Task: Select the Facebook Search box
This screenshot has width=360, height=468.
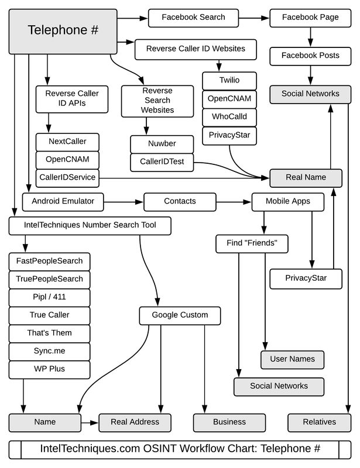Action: coord(193,18)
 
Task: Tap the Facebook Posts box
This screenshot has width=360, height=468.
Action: coord(310,56)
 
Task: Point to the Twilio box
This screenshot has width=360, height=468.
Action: coord(229,80)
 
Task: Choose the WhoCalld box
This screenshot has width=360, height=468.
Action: coord(229,116)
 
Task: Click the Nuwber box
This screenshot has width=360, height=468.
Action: coord(162,143)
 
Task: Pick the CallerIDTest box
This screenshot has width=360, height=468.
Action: coord(162,162)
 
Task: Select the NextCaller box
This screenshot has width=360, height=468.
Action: coord(68,142)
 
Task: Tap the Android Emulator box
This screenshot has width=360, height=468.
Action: coord(62,201)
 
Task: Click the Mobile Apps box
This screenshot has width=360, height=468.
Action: coord(287,201)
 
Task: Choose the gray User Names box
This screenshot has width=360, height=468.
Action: coord(292,359)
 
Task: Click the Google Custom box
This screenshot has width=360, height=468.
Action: coord(180,315)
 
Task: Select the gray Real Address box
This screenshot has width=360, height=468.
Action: coord(136,422)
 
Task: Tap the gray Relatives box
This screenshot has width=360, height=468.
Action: coord(320,422)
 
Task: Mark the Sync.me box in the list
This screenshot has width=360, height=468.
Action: coord(50,351)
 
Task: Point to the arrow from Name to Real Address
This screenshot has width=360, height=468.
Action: coord(89,422)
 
